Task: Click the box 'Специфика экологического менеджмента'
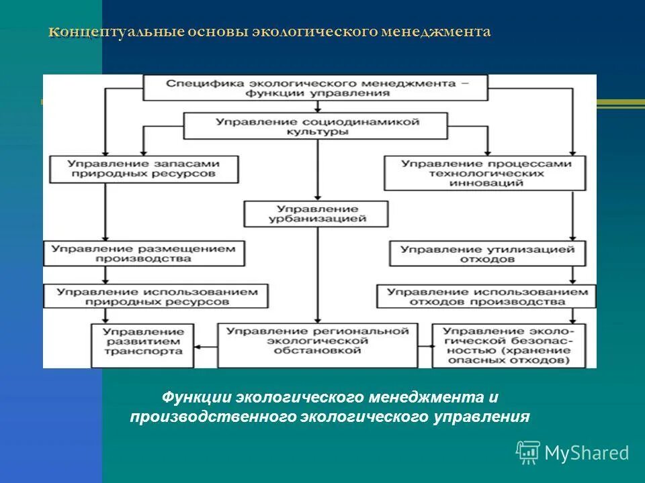(x=315, y=88)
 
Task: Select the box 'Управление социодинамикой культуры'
(x=315, y=127)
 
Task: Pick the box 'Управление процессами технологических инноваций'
(x=486, y=173)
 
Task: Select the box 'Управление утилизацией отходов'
(x=486, y=254)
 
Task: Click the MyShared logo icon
(x=528, y=452)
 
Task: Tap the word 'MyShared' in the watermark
(x=587, y=453)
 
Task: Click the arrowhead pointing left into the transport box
(x=198, y=346)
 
